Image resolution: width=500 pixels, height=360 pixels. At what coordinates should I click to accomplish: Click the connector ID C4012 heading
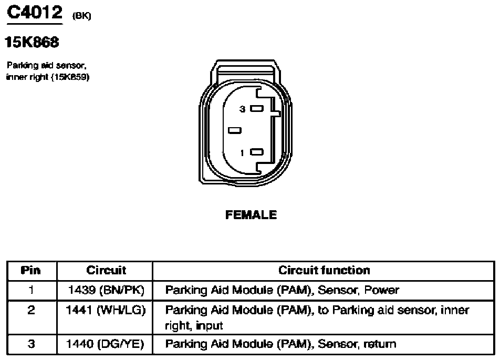(35, 12)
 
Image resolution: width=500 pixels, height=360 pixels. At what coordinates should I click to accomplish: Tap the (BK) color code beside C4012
(82, 16)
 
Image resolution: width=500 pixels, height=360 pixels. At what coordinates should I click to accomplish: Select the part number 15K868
(32, 42)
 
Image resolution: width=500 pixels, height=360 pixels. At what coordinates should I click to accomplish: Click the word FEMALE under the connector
(251, 215)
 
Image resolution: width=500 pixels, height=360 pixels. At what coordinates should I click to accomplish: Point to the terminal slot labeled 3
(257, 108)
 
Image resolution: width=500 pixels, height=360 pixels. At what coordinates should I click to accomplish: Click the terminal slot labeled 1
(257, 152)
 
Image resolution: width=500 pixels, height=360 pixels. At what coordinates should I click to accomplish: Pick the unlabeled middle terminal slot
(235, 130)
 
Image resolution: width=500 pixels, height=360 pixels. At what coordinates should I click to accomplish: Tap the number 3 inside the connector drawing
(243, 109)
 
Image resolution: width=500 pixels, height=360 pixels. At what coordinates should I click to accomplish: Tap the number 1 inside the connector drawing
(242, 153)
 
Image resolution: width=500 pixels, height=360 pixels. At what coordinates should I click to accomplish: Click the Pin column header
(31, 271)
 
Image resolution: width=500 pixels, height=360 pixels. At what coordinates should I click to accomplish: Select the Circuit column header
(106, 270)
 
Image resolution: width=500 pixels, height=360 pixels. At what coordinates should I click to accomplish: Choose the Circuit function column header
(324, 270)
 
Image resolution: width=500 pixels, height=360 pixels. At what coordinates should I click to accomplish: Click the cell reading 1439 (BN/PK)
(106, 290)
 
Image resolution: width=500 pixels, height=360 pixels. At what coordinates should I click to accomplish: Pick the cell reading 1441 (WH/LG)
(106, 310)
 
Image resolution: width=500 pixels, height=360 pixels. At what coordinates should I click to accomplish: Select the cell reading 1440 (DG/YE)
(105, 344)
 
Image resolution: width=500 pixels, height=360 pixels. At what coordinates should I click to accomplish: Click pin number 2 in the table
(31, 310)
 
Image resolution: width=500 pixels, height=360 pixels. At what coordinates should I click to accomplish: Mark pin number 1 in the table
(31, 290)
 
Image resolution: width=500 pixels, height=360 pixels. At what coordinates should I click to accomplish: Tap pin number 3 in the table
(32, 344)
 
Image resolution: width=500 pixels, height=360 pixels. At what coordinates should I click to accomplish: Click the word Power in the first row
(382, 290)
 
